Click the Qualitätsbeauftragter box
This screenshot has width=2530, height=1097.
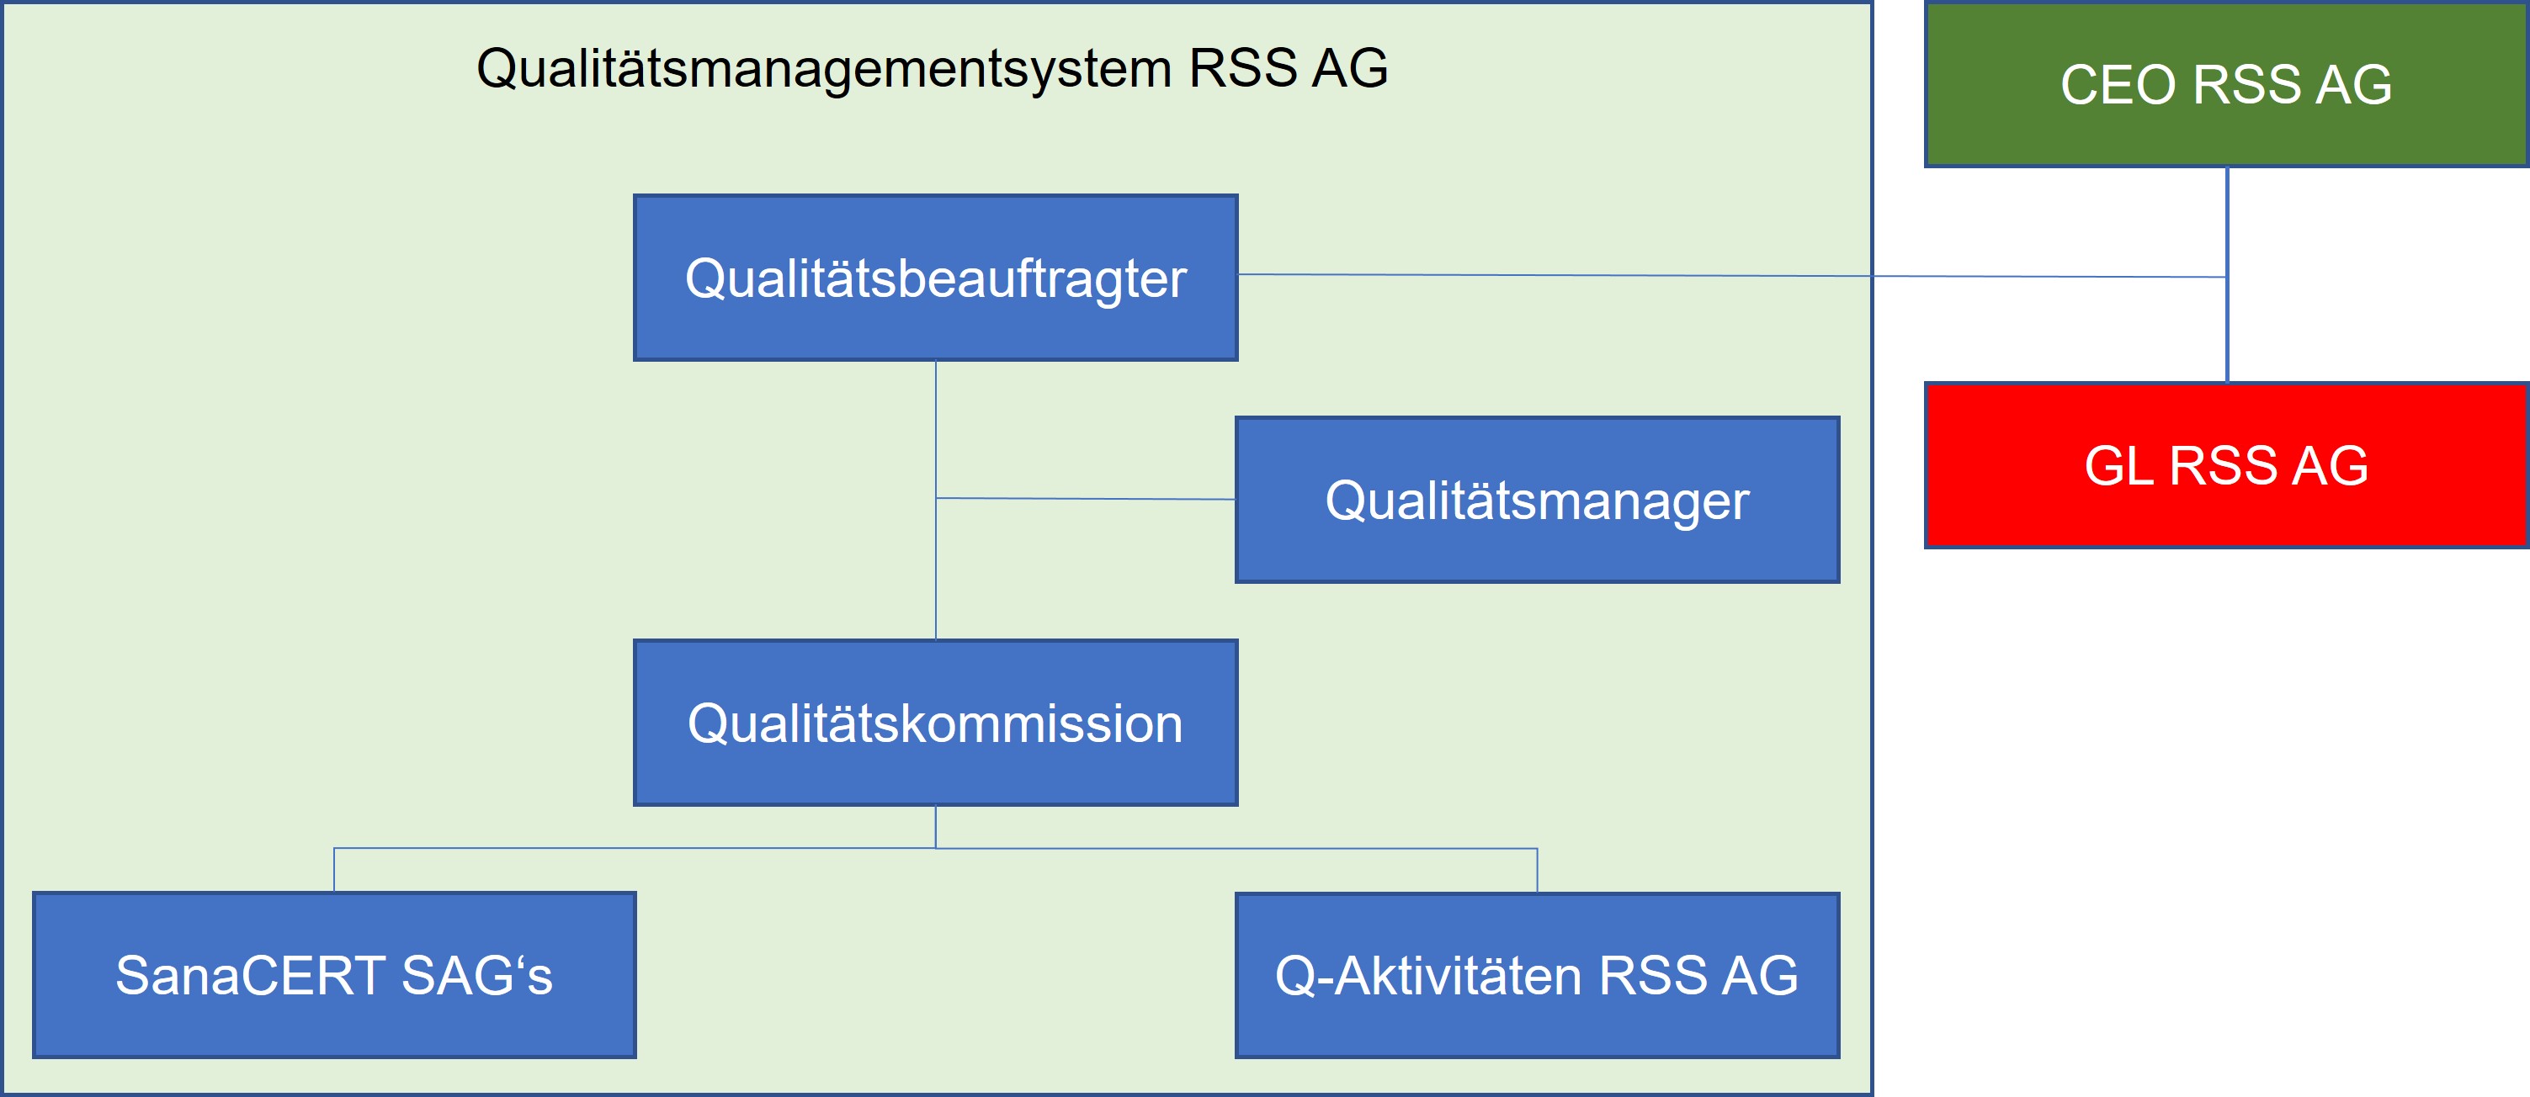[x=935, y=278]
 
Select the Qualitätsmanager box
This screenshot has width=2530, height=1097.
[x=1537, y=500]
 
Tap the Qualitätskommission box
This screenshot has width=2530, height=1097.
[x=935, y=723]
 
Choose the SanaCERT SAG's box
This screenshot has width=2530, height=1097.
[x=334, y=975]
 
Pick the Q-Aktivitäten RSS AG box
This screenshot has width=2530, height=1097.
[x=1537, y=975]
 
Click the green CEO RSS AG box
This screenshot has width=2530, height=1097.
[x=2226, y=84]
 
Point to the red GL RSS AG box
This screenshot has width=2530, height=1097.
[x=2226, y=465]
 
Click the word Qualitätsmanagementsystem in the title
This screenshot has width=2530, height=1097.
[x=824, y=69]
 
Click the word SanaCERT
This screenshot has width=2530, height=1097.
[x=249, y=975]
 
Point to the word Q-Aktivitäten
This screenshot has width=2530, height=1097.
[x=1429, y=975]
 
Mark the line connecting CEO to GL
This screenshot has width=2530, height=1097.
[x=2226, y=275]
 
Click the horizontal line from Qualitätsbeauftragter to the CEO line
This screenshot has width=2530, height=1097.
[x=1732, y=276]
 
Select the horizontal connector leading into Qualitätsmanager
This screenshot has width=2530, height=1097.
[x=1085, y=499]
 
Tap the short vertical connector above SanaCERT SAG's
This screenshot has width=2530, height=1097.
[x=334, y=869]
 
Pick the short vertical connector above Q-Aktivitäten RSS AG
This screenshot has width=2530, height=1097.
[x=1537, y=869]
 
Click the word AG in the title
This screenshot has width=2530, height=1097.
[x=1351, y=69]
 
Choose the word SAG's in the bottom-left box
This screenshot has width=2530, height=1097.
[x=477, y=975]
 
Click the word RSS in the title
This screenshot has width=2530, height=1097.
[x=1243, y=69]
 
